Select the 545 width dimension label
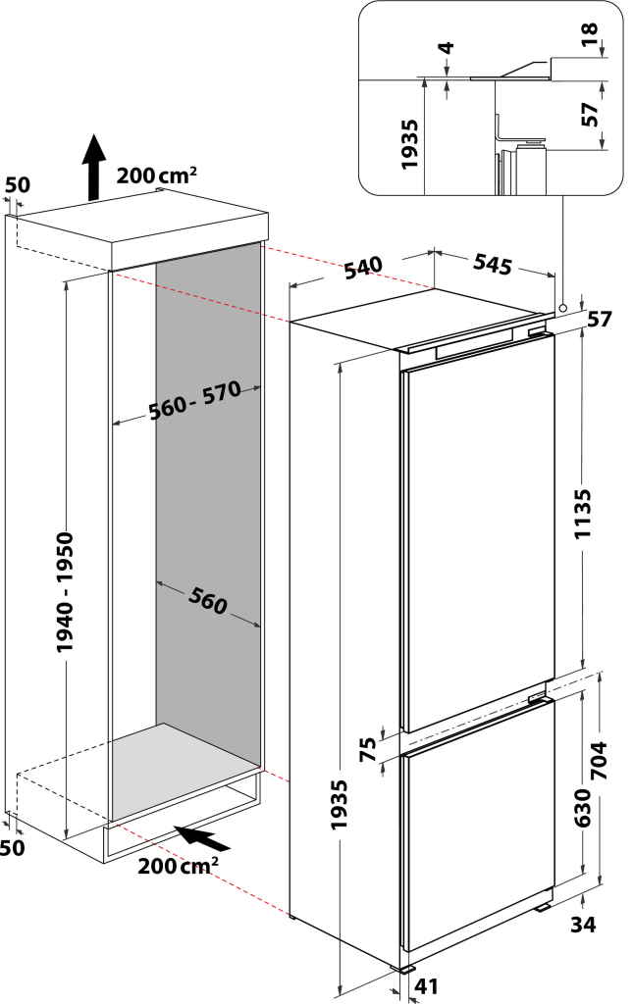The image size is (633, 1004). (x=492, y=263)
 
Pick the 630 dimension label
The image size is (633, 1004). (x=582, y=810)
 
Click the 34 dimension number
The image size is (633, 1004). (x=582, y=923)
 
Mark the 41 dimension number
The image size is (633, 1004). (x=424, y=987)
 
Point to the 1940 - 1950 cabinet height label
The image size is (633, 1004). (x=65, y=592)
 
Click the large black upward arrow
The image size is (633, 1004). (x=93, y=167)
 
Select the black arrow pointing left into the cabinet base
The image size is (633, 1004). (x=202, y=838)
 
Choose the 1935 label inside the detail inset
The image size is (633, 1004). (x=410, y=145)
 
